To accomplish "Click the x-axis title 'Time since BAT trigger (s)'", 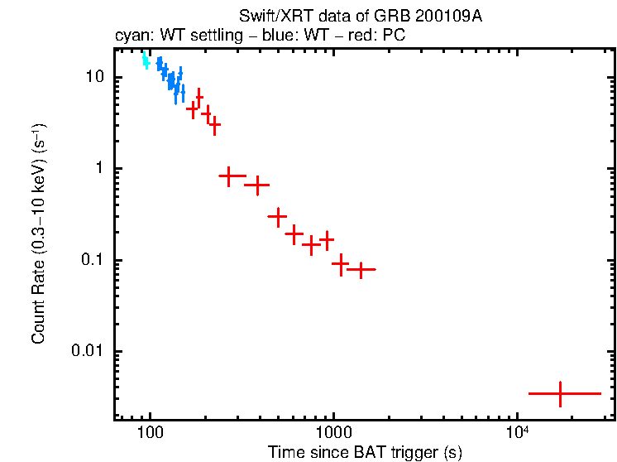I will [x=365, y=453].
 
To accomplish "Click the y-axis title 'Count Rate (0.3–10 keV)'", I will [x=39, y=234].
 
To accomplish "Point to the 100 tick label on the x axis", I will [x=150, y=433].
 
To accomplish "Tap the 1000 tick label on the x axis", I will [x=334, y=433].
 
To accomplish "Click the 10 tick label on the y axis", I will [x=96, y=77].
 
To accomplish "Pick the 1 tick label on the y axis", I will [x=102, y=168].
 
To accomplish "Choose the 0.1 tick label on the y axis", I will [x=94, y=260].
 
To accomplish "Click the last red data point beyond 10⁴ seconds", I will [x=561, y=393].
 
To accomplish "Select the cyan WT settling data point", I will [x=146, y=60].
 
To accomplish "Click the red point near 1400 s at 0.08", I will [x=361, y=269].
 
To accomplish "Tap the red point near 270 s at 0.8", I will [x=230, y=176].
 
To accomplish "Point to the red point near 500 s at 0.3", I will [x=277, y=216].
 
